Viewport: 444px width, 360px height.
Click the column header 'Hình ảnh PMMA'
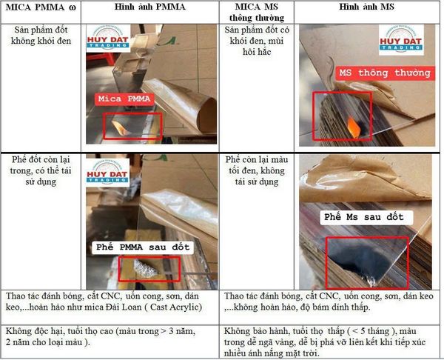(149, 7)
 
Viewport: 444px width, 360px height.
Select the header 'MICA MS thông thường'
(257, 12)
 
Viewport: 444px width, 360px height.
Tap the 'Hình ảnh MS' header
(366, 7)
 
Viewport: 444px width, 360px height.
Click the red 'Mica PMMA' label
(124, 99)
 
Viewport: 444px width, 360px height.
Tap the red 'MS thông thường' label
(385, 73)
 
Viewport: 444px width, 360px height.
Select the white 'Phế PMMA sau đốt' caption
(143, 247)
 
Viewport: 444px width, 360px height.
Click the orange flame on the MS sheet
(354, 127)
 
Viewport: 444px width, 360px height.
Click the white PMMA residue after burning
(145, 268)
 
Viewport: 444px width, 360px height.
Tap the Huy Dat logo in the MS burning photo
(401, 40)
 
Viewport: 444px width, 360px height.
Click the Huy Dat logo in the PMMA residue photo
(107, 173)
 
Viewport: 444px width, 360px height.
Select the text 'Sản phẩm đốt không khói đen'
(41, 36)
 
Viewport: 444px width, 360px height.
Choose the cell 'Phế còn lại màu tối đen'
(257, 165)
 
